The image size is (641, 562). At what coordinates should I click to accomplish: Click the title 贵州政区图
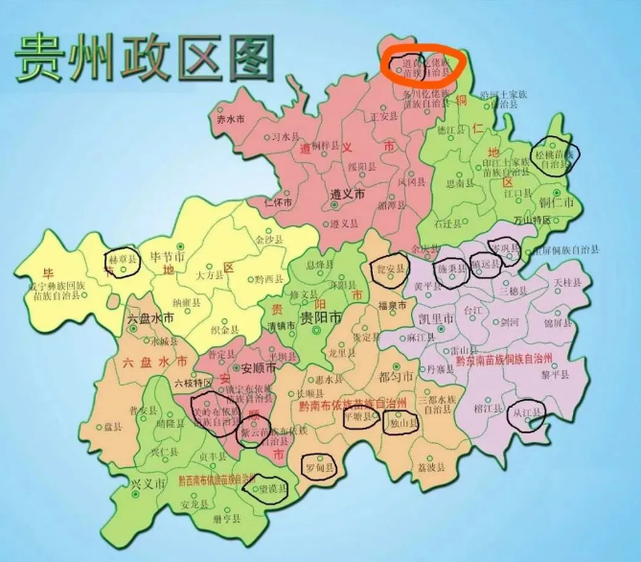(x=144, y=59)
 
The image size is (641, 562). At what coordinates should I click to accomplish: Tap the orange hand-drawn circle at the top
(x=423, y=65)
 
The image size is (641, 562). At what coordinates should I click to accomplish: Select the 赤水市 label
(x=232, y=120)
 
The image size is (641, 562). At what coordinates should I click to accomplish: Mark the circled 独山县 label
(x=402, y=424)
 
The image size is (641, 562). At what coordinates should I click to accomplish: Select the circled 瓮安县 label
(x=388, y=270)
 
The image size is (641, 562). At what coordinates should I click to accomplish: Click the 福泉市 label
(x=393, y=306)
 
